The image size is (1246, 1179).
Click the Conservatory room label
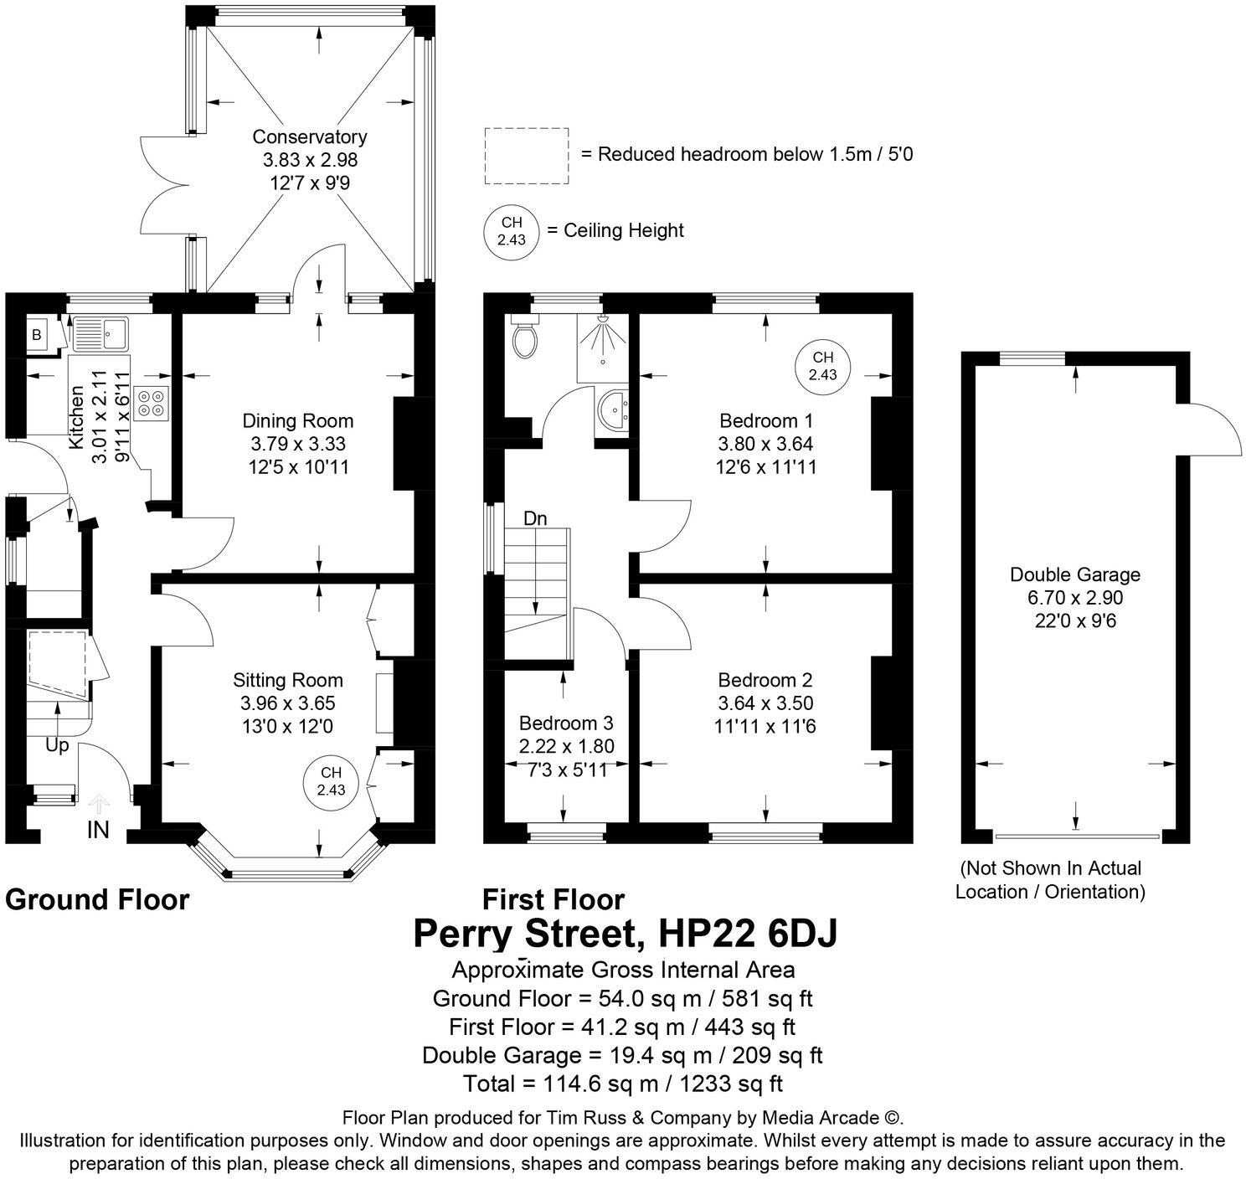310,136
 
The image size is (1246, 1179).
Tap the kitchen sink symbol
99,334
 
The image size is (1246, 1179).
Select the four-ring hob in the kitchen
152,404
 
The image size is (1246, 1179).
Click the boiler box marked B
36,334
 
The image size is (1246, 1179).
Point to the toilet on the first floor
526,337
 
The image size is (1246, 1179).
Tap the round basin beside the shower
618,408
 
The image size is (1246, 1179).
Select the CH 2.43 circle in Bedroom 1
822,366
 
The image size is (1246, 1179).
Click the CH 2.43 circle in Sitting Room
331,782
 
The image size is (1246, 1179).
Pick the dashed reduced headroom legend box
527,156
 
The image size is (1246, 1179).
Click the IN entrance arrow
99,806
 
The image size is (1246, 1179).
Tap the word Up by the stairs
57,745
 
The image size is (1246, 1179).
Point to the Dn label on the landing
535,519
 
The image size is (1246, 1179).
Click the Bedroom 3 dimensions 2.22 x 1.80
566,746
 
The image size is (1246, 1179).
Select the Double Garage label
1074,574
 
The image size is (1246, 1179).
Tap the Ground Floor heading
97,900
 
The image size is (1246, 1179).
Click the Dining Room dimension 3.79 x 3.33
298,444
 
